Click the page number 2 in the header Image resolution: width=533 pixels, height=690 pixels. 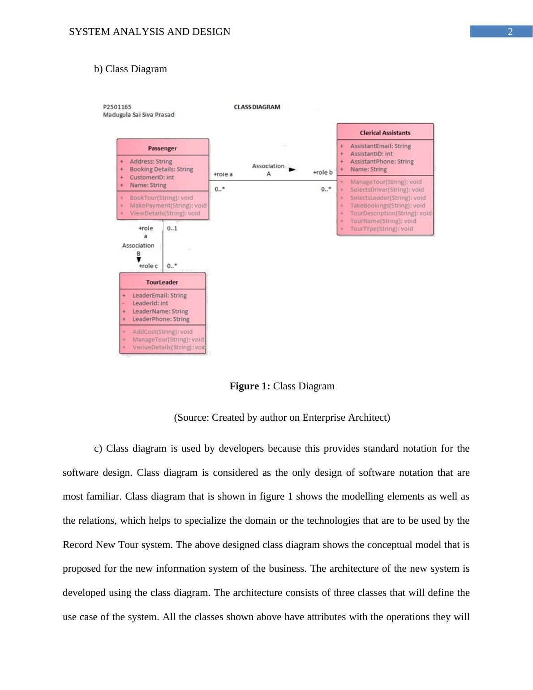(510, 32)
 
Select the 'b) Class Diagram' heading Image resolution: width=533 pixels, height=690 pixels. (130, 69)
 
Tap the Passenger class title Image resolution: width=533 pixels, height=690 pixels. (162, 148)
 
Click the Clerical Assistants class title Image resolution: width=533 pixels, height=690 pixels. (385, 133)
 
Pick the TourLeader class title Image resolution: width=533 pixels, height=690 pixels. (162, 282)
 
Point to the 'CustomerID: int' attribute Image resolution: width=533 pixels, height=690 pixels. (152, 177)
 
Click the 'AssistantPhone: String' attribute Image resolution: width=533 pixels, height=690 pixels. (382, 161)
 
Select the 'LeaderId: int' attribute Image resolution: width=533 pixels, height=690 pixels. (150, 303)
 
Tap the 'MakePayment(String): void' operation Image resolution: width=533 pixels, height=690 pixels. (168, 206)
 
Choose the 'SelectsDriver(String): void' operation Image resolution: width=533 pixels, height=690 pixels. (387, 190)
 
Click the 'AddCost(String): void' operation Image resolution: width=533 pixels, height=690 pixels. (162, 332)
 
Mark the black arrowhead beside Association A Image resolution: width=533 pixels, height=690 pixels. (292, 169)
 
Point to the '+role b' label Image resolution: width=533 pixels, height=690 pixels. (322, 172)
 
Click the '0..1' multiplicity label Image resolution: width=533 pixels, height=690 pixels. (172, 229)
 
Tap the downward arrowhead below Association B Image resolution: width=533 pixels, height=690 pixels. (138, 259)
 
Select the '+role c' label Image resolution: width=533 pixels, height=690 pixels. (148, 266)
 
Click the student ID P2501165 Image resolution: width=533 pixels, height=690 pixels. (117, 107)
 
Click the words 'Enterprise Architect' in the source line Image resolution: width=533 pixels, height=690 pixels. (345, 418)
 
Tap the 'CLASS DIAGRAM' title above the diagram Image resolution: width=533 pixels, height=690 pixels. (257, 107)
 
